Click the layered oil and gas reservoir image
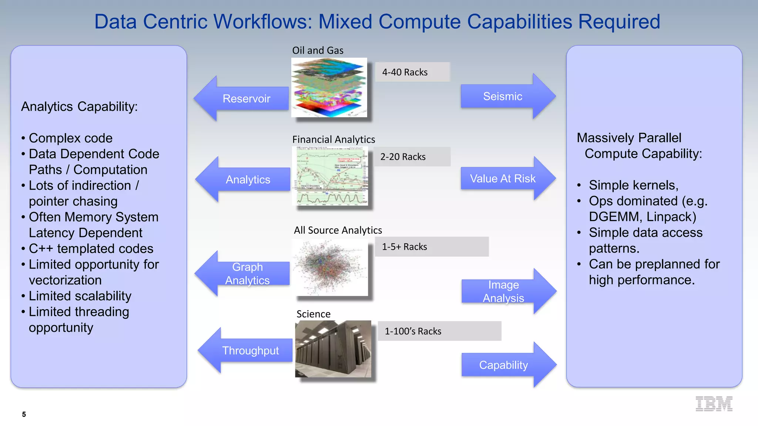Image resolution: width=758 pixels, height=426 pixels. click(329, 88)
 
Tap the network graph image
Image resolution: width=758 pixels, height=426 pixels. click(331, 267)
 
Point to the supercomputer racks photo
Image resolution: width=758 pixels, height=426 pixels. click(333, 349)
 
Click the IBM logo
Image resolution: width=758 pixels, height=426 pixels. click(714, 404)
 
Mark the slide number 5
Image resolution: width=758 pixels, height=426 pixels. click(24, 414)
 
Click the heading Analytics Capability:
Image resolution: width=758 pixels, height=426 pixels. click(79, 106)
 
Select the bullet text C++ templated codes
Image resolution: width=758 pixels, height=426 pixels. click(91, 248)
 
